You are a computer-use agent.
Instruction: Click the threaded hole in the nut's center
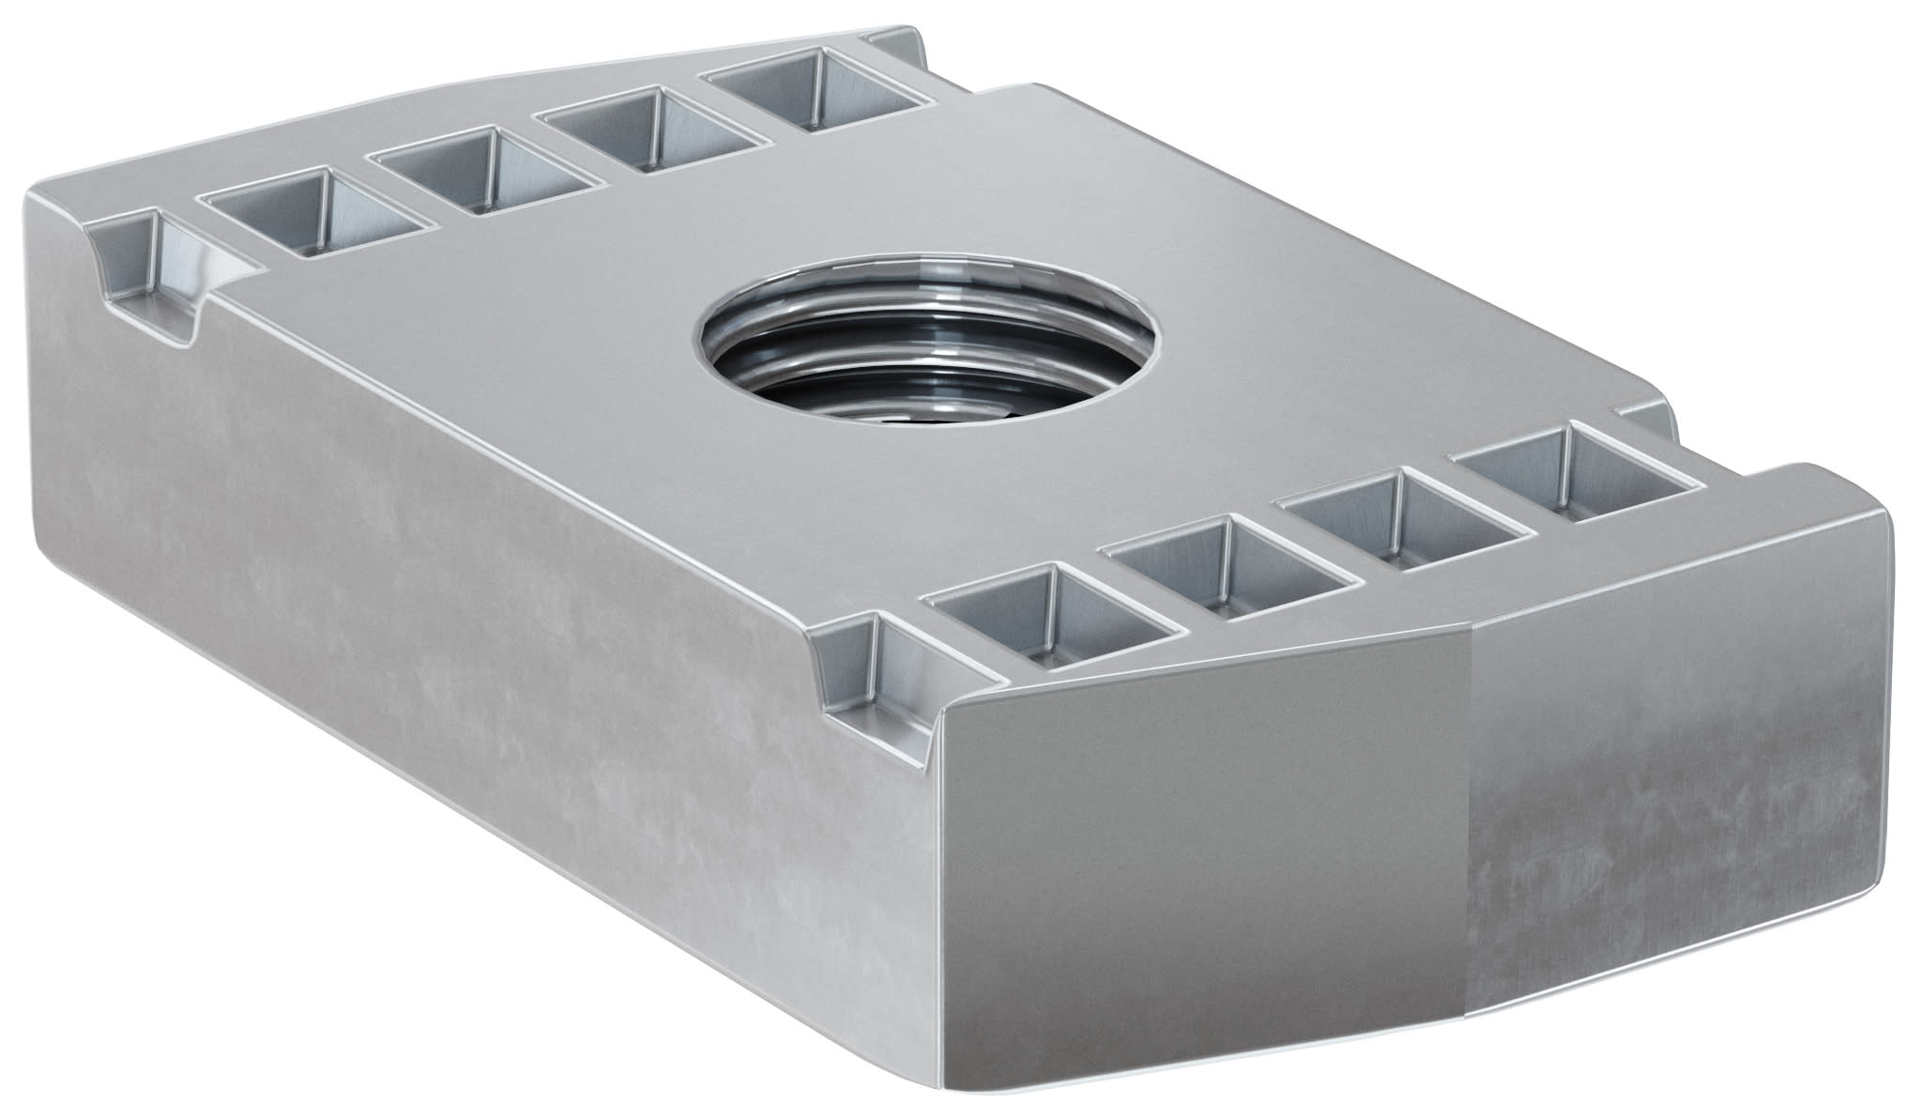pos(924,338)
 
